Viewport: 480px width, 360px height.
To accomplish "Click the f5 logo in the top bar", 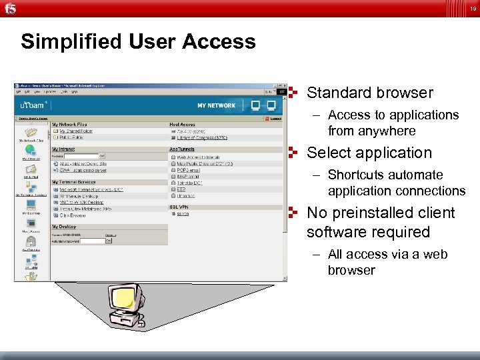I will pos(9,7).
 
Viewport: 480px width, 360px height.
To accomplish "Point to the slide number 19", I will pos(473,8).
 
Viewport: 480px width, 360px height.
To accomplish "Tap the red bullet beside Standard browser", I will pos(292,92).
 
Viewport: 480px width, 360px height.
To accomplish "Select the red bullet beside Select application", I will pos(292,152).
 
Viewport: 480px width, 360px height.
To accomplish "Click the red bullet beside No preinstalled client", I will pos(292,212).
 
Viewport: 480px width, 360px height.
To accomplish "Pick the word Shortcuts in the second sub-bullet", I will pos(356,175).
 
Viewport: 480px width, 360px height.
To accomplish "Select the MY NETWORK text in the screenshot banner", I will pos(216,105).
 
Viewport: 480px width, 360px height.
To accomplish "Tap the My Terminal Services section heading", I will pos(77,181).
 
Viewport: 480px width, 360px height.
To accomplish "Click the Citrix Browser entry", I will pos(73,215).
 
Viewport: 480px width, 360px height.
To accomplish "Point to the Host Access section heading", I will pos(183,125).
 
